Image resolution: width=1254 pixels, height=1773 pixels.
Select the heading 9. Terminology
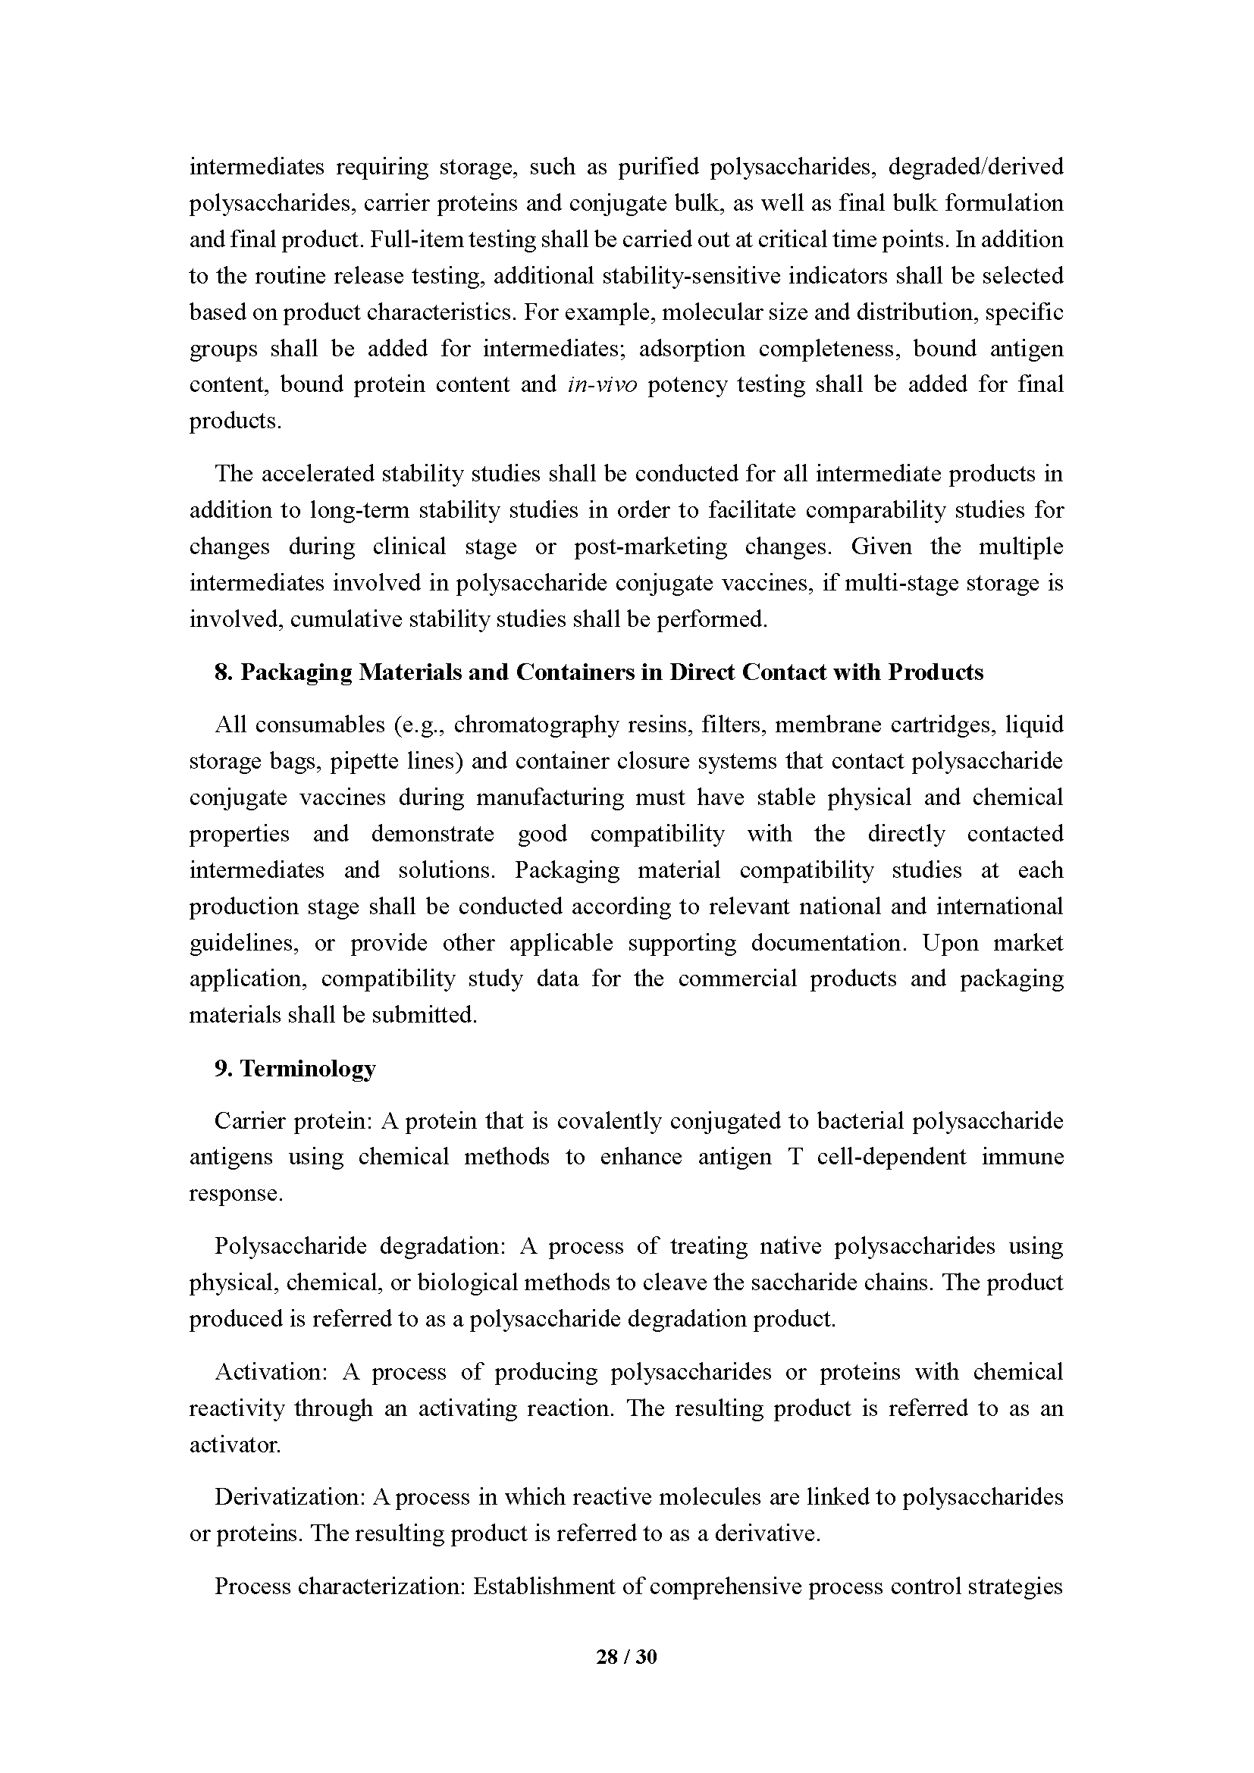click(x=295, y=1068)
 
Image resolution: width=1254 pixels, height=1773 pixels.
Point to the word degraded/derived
click(x=975, y=167)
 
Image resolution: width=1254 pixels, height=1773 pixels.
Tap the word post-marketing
click(x=651, y=547)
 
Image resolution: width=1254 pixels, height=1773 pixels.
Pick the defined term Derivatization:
click(x=290, y=1497)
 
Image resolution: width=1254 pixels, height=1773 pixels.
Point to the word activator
click(x=235, y=1445)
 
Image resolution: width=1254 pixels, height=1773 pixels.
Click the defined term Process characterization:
click(x=340, y=1587)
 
